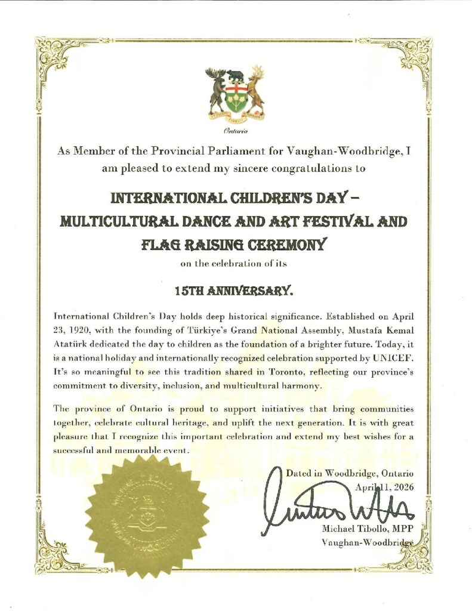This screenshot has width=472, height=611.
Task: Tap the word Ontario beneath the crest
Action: pos(235,131)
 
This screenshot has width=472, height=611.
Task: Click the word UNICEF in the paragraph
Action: pos(392,360)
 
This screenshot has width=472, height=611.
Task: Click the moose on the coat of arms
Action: pos(215,89)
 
